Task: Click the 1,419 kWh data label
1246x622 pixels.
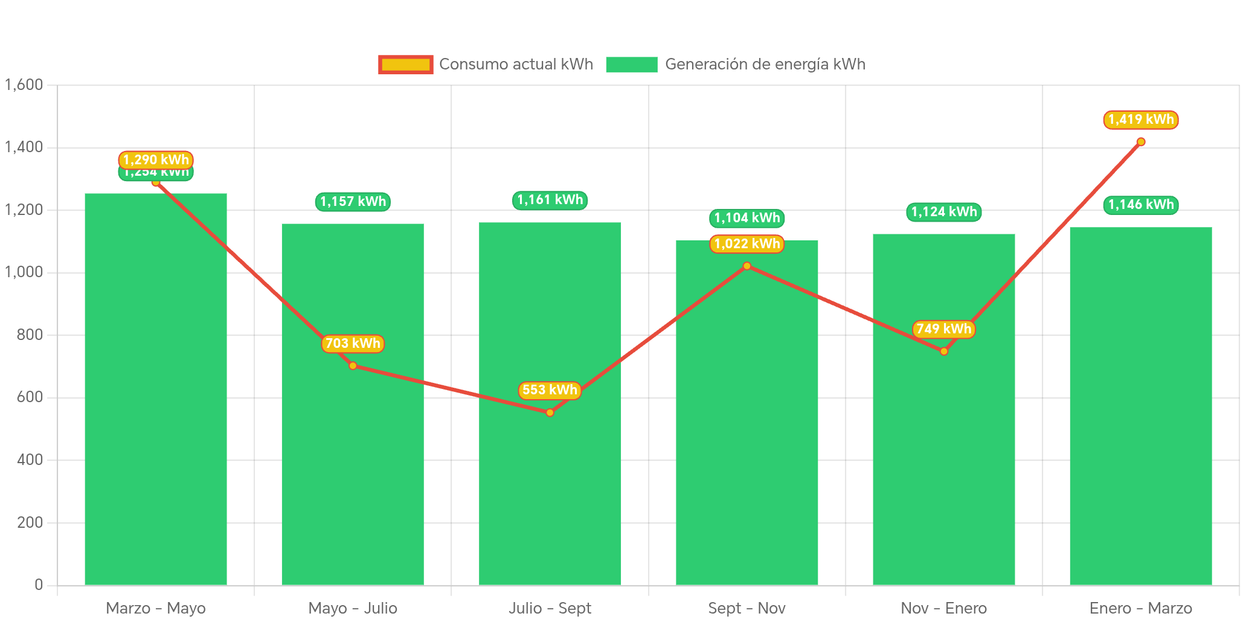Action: pos(1140,120)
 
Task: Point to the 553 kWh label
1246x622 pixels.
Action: pos(550,390)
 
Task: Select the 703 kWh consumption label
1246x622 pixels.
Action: pos(353,344)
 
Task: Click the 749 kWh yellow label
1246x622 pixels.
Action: pos(943,329)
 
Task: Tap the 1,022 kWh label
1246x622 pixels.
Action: pos(747,244)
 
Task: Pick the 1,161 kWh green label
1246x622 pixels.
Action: pos(550,200)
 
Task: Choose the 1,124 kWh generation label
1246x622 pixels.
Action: pos(943,212)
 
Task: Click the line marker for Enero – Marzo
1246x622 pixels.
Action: pos(1140,142)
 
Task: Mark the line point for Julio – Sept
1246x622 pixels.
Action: pos(550,412)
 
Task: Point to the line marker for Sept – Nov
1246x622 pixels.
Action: pos(747,266)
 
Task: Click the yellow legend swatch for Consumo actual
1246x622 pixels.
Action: pos(405,65)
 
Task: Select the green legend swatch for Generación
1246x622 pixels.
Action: pos(631,65)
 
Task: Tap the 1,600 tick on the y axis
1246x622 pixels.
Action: pos(24,85)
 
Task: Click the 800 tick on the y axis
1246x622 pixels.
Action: pos(30,335)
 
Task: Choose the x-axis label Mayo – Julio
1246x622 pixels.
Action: pos(353,608)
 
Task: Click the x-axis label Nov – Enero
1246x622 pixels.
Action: pos(943,608)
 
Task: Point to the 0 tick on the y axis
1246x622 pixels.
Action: pos(39,585)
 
